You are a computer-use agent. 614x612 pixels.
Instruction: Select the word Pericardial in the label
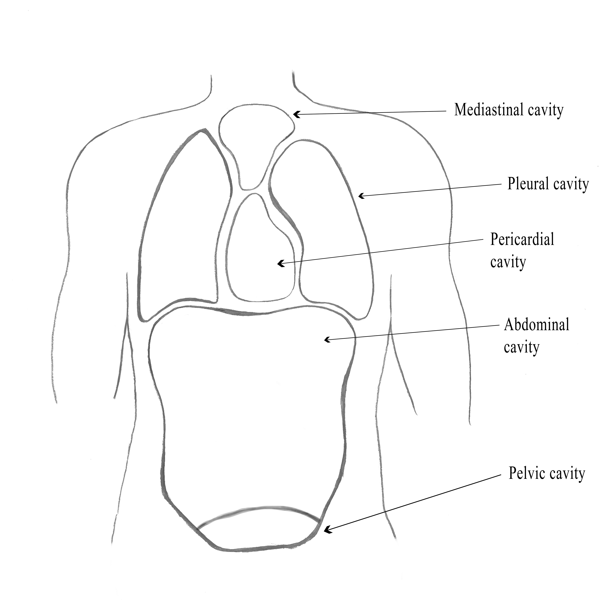point(522,239)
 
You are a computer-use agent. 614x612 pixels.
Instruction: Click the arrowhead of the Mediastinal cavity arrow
point(295,114)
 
